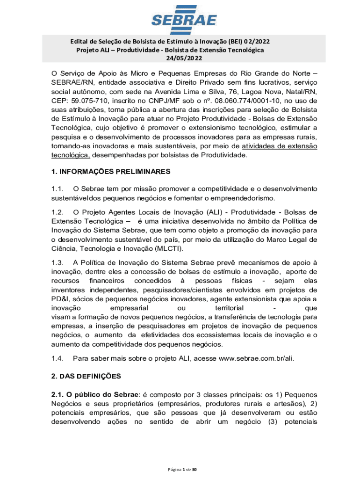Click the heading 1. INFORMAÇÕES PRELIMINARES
point(111,172)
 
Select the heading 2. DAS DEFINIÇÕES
point(86,376)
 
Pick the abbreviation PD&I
point(62,298)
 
